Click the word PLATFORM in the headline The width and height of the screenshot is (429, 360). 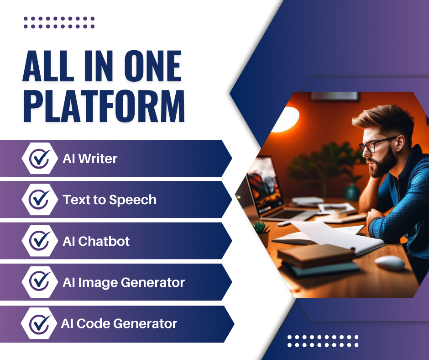(x=104, y=106)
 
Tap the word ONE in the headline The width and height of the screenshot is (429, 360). (x=153, y=66)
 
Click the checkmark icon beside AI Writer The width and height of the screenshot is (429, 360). (x=40, y=159)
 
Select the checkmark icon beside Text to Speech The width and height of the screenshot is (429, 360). (x=40, y=200)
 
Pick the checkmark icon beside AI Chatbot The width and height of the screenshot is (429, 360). (x=40, y=241)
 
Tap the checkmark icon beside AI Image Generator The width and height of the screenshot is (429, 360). (x=40, y=281)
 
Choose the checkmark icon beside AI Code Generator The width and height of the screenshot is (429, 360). (x=40, y=324)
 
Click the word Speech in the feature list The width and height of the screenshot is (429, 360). (x=133, y=200)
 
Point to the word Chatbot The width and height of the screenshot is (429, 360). (x=104, y=241)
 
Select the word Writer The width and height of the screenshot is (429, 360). (x=98, y=159)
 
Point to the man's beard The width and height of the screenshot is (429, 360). (x=382, y=164)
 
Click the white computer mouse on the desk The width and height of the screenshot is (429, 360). (x=390, y=263)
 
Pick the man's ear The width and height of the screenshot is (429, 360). (x=400, y=143)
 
